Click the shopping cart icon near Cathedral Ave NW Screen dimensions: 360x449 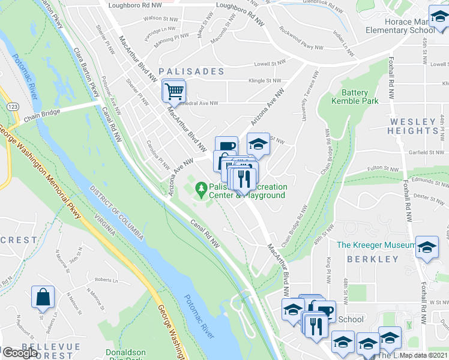173,92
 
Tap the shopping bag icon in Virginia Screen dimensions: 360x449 43,297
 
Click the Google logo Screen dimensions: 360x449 20,353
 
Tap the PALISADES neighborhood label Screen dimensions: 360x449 191,71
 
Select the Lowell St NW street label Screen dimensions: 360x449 271,63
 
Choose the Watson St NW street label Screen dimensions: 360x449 161,19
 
